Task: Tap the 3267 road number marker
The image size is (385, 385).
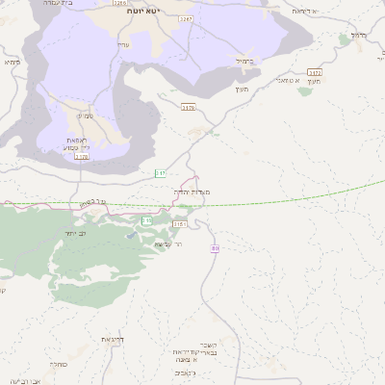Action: click(x=186, y=18)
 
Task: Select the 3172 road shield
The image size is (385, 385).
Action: click(x=315, y=73)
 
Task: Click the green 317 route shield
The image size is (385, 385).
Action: click(x=161, y=173)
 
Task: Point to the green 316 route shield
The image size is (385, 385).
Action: click(x=147, y=220)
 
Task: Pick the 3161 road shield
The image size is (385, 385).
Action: click(x=179, y=224)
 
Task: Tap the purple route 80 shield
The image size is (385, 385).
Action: click(x=215, y=249)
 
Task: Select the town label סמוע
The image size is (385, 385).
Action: click(x=85, y=116)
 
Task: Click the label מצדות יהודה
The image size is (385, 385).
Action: click(x=194, y=192)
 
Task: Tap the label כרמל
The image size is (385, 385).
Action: click(x=357, y=34)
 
